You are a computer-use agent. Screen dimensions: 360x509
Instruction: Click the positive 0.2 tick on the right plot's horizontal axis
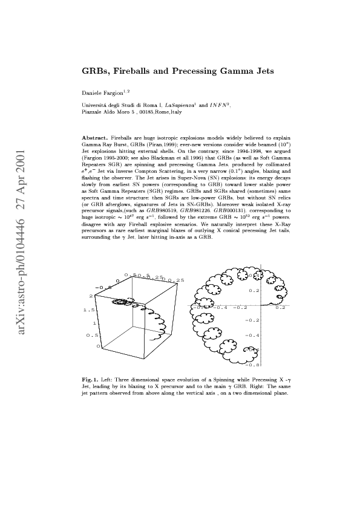280,307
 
